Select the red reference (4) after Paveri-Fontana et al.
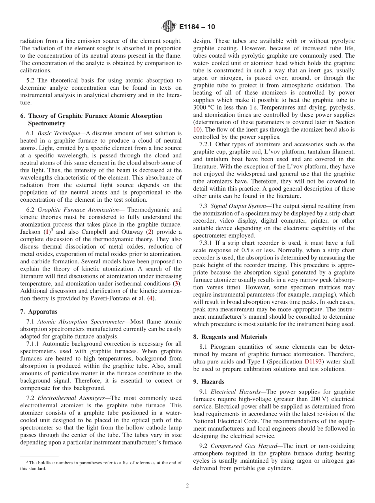tap(150, 298)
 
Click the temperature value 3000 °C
tap(204, 108)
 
